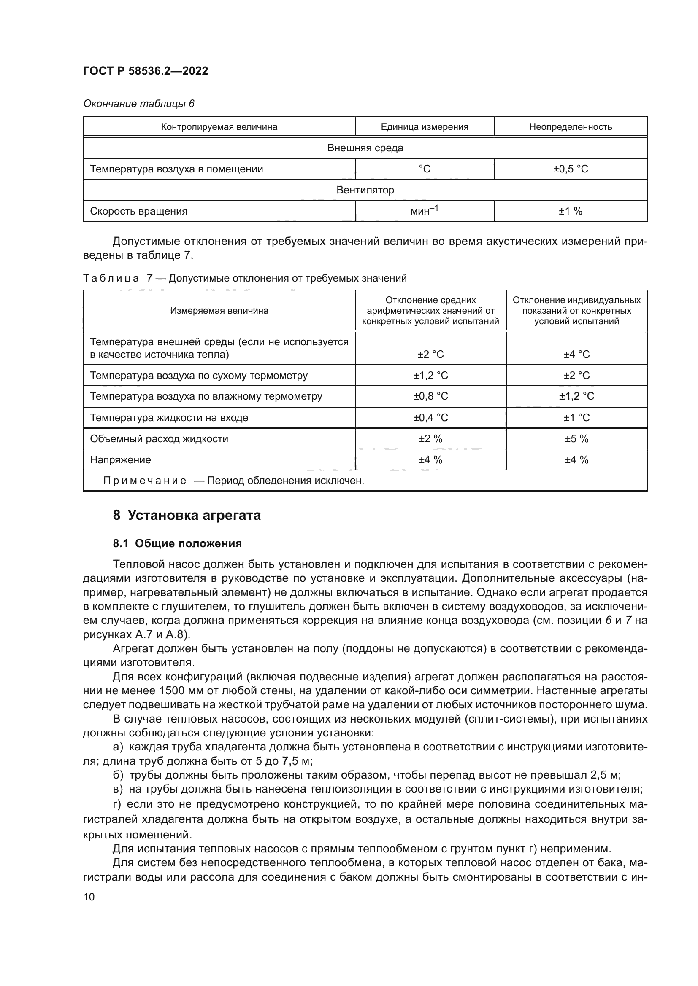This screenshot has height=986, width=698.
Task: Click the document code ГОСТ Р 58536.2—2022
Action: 145,71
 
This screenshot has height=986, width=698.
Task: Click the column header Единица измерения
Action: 424,127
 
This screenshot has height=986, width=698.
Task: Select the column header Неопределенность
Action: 571,127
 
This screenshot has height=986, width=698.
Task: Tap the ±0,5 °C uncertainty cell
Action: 571,169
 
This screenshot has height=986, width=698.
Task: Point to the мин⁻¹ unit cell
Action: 424,211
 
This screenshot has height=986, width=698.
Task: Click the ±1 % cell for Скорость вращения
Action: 571,211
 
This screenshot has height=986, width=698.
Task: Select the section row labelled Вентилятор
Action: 365,190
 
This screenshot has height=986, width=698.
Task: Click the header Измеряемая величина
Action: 219,311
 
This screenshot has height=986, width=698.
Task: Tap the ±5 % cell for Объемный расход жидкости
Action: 576,438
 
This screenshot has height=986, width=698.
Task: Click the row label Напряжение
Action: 120,460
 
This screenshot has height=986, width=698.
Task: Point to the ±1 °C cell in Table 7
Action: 576,417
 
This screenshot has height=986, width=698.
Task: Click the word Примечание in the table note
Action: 145,481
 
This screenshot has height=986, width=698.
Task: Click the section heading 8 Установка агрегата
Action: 187,515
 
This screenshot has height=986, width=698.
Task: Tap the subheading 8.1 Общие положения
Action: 177,543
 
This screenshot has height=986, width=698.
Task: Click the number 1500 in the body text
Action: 171,691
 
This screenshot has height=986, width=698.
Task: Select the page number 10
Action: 89,897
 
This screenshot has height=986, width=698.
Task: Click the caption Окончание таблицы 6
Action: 138,104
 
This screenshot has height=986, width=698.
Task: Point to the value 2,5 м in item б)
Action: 605,775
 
